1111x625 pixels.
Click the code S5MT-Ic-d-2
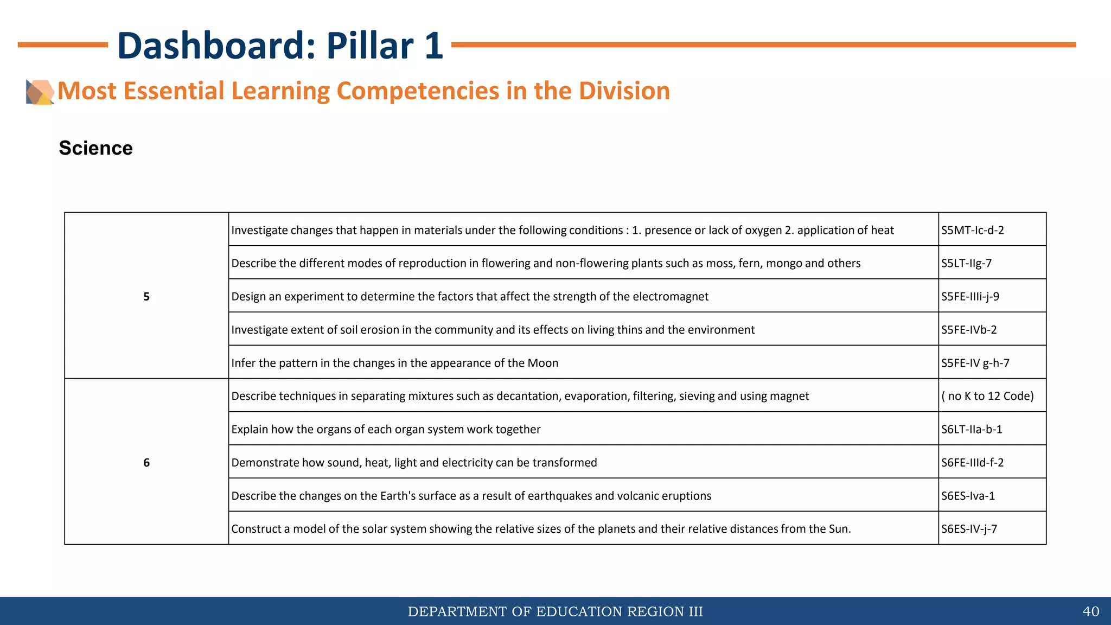[x=972, y=230]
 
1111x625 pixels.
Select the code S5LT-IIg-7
[x=966, y=263]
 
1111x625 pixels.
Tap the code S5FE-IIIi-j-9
[x=970, y=296]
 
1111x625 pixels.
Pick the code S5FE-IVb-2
[x=969, y=330]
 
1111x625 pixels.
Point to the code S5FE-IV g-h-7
[x=975, y=363]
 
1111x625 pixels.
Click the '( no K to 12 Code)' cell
[x=987, y=396]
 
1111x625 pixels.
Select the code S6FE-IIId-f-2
[x=972, y=462]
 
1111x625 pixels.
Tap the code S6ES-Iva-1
[x=968, y=496]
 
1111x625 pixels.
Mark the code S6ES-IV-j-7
[x=969, y=529]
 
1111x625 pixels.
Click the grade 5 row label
[x=146, y=296]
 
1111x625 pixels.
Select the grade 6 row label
[x=146, y=462]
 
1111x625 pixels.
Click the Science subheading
[x=96, y=148]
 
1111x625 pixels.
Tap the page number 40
[x=1090, y=611]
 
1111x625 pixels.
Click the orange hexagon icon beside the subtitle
[x=40, y=92]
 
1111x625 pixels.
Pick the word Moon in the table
[x=542, y=363]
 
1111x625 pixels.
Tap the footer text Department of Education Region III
[x=555, y=611]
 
